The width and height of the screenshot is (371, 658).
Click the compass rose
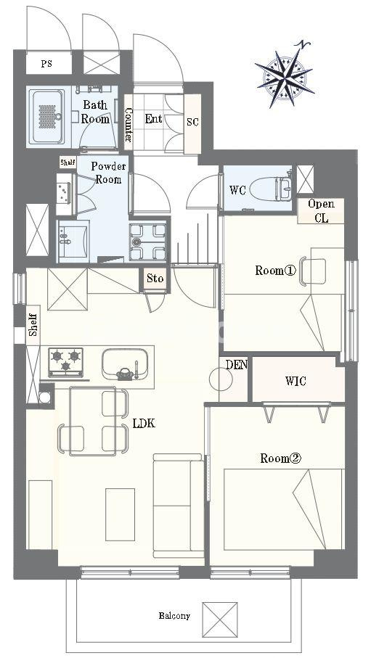(x=286, y=75)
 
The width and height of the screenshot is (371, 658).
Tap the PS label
(x=46, y=65)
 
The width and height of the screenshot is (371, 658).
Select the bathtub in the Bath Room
(x=47, y=116)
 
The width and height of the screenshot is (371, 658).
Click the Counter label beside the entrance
(x=129, y=125)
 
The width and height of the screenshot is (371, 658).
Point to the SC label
(x=192, y=122)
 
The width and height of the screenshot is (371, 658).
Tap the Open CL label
(x=321, y=210)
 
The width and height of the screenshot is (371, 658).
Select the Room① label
(x=276, y=271)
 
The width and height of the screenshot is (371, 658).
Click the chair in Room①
(x=313, y=271)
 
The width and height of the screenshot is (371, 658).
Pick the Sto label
(x=155, y=279)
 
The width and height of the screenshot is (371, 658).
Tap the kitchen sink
(x=124, y=363)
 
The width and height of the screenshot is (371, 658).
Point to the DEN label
(x=237, y=364)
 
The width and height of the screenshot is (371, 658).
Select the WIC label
(x=295, y=381)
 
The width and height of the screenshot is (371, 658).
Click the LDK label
(x=144, y=423)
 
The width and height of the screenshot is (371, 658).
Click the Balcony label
(x=174, y=616)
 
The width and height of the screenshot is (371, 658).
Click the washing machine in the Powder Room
(x=147, y=242)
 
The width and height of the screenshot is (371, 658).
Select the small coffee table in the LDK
(x=121, y=514)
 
